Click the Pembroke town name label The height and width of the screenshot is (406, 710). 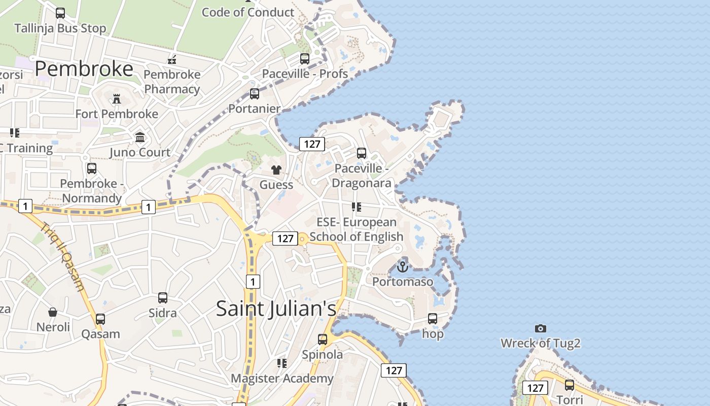coord(84,69)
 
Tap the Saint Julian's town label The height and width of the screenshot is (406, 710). coord(276,309)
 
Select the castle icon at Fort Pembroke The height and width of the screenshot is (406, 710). coord(117,98)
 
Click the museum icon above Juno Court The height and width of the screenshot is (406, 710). coord(140,137)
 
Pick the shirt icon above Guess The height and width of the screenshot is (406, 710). coord(276,170)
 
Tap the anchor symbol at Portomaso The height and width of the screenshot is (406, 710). coord(403,266)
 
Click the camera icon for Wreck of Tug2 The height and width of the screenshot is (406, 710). coord(541,328)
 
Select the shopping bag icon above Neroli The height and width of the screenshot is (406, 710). coord(53,312)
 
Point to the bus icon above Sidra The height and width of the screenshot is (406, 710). coord(163,298)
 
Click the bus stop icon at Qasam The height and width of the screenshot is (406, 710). coord(100,319)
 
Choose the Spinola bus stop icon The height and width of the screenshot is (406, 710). coord(323,340)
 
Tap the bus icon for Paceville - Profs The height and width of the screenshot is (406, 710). coord(305,59)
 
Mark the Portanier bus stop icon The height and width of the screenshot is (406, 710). coord(255,94)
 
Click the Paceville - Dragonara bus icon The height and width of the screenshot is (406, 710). coord(362,153)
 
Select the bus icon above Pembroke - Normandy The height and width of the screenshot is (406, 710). coord(92,168)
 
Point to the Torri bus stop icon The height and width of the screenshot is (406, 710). coord(570,385)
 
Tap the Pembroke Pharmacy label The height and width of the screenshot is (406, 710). coord(172,82)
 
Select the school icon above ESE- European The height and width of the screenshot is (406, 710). coord(357,207)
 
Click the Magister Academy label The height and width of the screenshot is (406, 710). coord(282,378)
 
